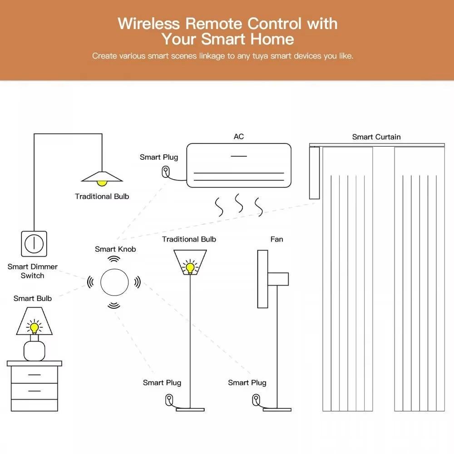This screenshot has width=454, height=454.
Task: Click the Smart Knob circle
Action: pyautogui.click(x=114, y=282)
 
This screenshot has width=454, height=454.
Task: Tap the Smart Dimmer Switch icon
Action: pyautogui.click(x=34, y=244)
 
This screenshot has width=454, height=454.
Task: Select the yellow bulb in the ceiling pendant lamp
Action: pyautogui.click(x=102, y=182)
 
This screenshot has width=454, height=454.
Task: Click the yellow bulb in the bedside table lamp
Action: pyautogui.click(x=34, y=326)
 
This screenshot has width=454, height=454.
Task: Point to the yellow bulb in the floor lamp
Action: pyautogui.click(x=189, y=266)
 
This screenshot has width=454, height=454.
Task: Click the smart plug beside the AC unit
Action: pyautogui.click(x=166, y=172)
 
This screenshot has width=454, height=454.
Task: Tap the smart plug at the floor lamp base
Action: pyautogui.click(x=169, y=400)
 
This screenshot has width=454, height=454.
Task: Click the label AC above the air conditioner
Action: pyautogui.click(x=238, y=137)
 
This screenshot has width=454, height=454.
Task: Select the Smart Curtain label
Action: pyautogui.click(x=376, y=137)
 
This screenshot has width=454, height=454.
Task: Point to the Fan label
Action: pyautogui.click(x=276, y=239)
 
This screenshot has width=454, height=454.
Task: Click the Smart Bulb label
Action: pyautogui.click(x=33, y=298)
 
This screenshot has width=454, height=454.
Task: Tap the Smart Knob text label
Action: pyautogui.click(x=115, y=249)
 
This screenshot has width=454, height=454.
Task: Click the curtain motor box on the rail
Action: pyautogui.click(x=314, y=173)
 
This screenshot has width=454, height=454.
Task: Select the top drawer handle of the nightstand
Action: pyautogui.click(x=34, y=375)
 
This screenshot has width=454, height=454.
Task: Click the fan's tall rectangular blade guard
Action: pyautogui.click(x=262, y=279)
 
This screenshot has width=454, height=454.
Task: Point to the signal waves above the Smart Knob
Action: pyautogui.click(x=114, y=259)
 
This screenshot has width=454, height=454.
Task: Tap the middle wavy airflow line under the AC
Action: pyautogui.click(x=239, y=203)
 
